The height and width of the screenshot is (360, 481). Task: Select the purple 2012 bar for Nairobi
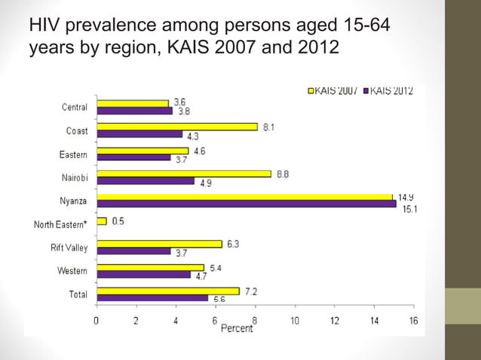[x=146, y=181]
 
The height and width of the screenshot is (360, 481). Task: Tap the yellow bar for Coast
[x=177, y=127]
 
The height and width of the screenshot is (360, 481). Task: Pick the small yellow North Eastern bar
[x=102, y=221]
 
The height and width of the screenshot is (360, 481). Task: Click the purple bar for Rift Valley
[x=134, y=251]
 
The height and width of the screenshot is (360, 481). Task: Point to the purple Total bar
[x=152, y=298]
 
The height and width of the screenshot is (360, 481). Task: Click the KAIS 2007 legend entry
[x=334, y=91]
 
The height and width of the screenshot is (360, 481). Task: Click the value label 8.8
[x=283, y=174]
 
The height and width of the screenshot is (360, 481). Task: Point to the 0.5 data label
[x=118, y=221]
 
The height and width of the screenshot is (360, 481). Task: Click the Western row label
[x=72, y=270]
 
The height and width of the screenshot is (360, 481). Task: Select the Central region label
[x=74, y=107]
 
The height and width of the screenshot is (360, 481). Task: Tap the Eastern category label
[x=73, y=154]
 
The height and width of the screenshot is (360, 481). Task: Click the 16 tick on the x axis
[x=413, y=320]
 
